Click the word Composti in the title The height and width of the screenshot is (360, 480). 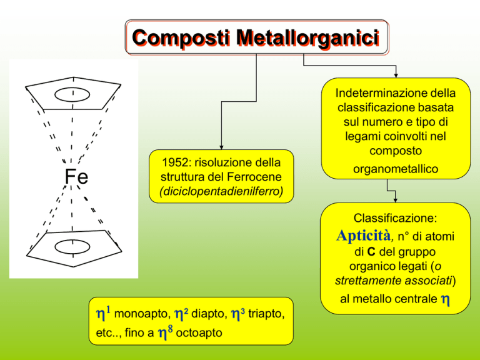click(x=181, y=38)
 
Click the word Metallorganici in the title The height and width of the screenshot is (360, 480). click(x=307, y=38)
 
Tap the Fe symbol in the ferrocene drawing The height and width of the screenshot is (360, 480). click(x=76, y=177)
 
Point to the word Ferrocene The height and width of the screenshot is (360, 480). click(x=254, y=177)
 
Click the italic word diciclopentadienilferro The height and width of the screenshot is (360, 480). click(x=221, y=191)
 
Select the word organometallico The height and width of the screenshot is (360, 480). click(x=396, y=169)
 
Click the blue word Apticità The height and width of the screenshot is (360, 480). click(x=364, y=236)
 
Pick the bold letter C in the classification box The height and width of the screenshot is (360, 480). click(x=371, y=252)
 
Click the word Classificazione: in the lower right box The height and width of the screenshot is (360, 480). click(x=395, y=218)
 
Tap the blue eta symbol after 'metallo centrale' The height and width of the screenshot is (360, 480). click(x=446, y=299)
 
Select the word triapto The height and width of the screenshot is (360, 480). click(x=266, y=314)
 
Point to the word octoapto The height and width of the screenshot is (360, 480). click(x=199, y=332)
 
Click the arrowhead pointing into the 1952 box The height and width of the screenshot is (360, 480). click(x=221, y=147)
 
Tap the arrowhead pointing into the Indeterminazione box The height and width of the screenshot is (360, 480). click(x=396, y=76)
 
